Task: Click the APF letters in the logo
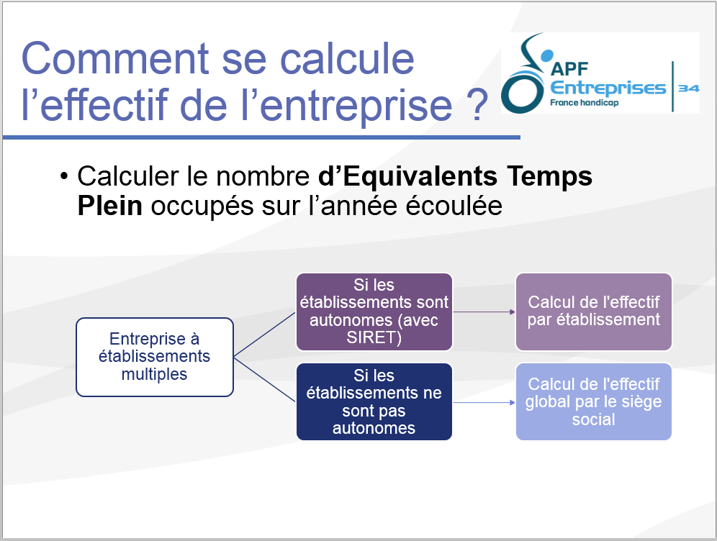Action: click(569, 69)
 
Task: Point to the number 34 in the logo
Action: click(689, 88)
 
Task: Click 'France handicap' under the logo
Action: click(584, 102)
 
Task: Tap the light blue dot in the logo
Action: click(546, 55)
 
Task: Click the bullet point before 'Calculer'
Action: click(64, 176)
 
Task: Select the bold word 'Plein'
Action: click(109, 206)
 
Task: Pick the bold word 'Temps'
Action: click(549, 176)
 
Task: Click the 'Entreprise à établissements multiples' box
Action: click(155, 357)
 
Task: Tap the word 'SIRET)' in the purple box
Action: click(374, 337)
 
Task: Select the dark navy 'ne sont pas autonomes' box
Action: click(374, 401)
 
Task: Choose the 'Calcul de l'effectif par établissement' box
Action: click(593, 312)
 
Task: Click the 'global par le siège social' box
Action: click(593, 401)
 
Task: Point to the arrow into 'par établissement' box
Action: click(484, 312)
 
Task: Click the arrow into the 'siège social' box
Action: click(484, 403)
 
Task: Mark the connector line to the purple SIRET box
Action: click(265, 335)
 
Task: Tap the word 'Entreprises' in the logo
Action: click(608, 87)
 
